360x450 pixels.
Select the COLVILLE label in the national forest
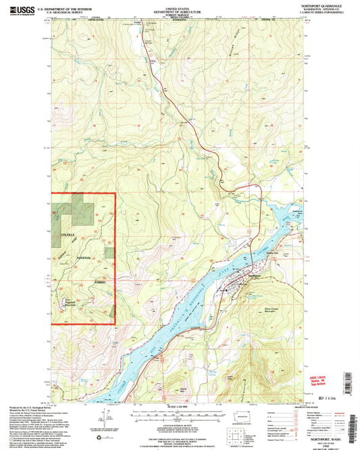[x=70, y=234]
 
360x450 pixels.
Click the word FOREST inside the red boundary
[x=101, y=282]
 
